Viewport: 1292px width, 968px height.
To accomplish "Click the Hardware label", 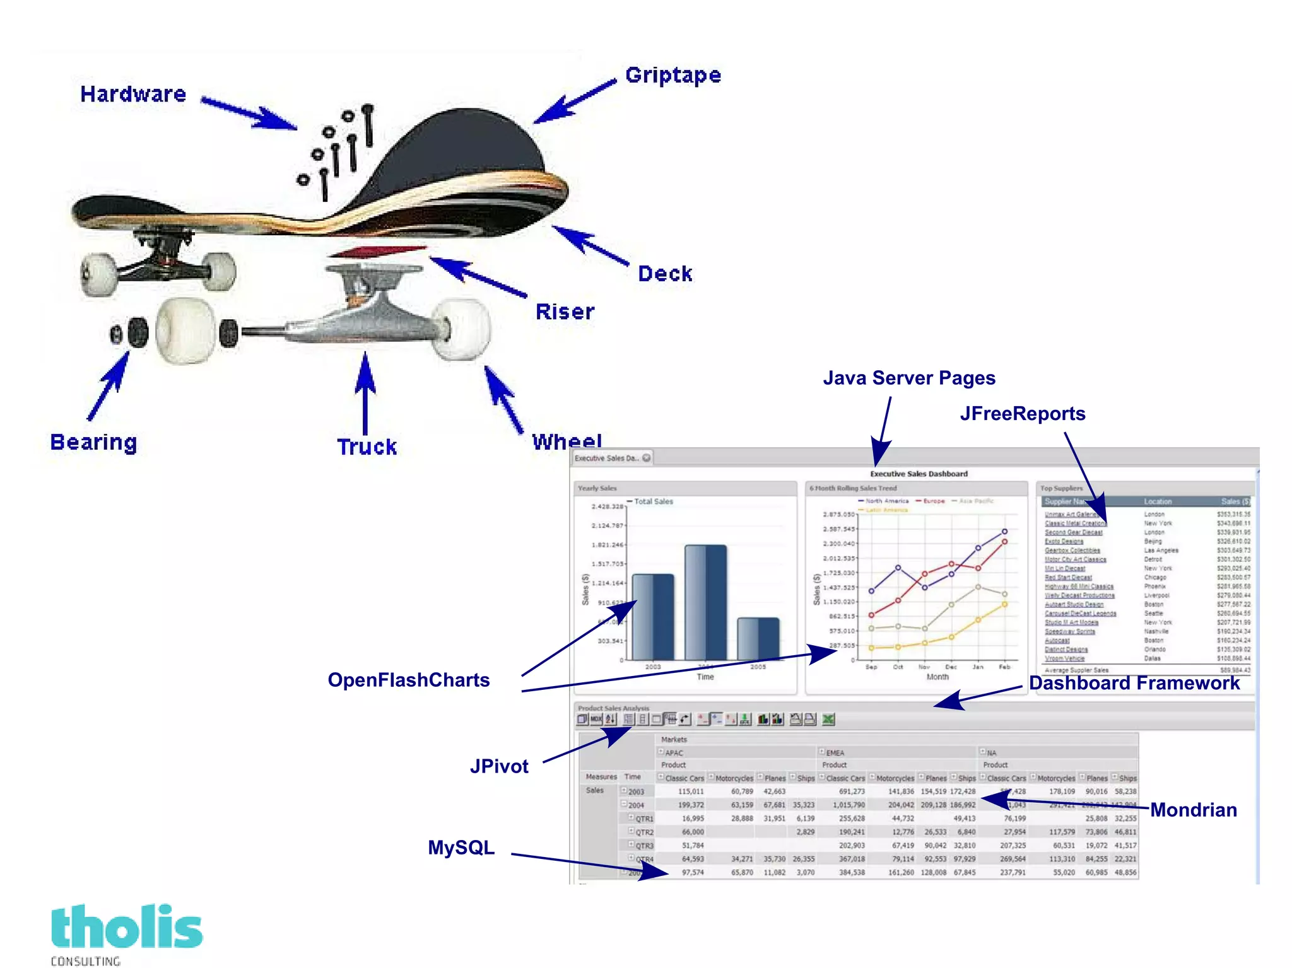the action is tap(133, 94).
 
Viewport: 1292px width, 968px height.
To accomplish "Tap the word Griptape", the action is tap(672, 75).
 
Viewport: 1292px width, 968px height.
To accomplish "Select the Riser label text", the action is tap(565, 312).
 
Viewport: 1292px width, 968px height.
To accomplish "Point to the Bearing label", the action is tap(93, 442).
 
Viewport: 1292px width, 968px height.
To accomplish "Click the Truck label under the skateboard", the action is tap(367, 446).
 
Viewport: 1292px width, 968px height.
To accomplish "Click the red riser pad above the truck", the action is tap(377, 252).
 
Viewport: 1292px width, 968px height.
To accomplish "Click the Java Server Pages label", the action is tap(908, 378).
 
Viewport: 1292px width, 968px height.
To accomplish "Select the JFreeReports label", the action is tap(1022, 414).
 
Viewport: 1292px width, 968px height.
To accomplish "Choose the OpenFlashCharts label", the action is tap(408, 680).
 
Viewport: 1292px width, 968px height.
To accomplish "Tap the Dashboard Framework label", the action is tap(1134, 683).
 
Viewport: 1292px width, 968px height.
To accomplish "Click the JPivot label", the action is tap(499, 766).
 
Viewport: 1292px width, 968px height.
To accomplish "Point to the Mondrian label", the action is tap(1193, 810).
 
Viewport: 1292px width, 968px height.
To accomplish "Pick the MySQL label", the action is tap(461, 848).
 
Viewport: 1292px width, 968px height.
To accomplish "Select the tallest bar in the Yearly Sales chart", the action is tap(705, 602).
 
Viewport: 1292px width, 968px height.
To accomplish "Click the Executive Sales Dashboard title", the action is tap(919, 474).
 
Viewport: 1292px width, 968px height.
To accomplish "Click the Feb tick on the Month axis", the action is tap(1004, 667).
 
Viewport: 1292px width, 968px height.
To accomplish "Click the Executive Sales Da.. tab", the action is tap(607, 458).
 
